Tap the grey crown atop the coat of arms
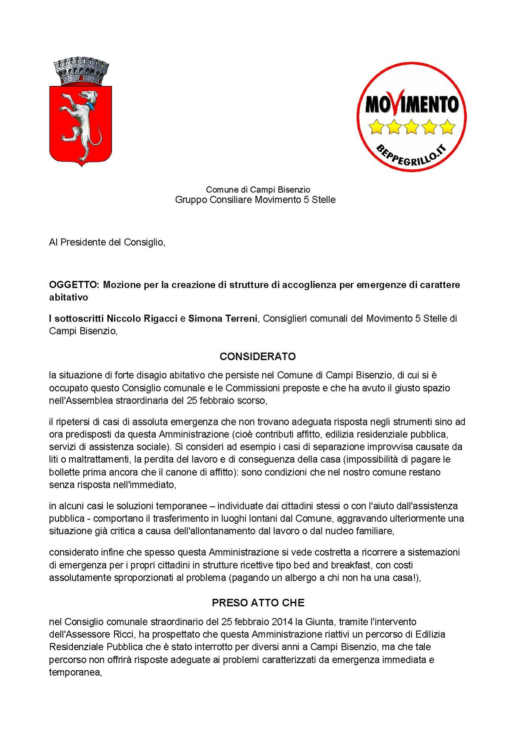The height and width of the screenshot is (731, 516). coord(81,72)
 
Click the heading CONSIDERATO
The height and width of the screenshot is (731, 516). coord(257,357)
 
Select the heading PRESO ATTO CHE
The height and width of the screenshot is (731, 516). coord(258,603)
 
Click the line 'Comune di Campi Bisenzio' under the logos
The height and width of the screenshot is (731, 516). coord(258,190)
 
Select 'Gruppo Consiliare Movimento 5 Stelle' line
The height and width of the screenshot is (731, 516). coord(255,200)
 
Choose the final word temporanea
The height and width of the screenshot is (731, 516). coord(75,673)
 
